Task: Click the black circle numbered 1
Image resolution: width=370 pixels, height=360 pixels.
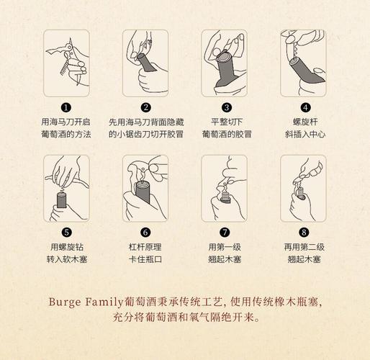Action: click(66, 107)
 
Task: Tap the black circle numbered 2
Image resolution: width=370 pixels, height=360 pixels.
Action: click(146, 107)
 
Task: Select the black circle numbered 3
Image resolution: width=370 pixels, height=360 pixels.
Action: click(227, 107)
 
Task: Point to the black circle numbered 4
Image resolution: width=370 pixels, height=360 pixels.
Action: click(305, 107)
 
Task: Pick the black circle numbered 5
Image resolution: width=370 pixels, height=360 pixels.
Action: click(67, 233)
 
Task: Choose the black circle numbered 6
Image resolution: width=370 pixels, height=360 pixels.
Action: click(145, 233)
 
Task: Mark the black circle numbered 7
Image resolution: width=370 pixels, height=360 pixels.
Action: click(225, 233)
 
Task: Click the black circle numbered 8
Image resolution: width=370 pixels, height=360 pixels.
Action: click(304, 233)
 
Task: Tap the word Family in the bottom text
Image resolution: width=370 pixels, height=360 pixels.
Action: click(104, 302)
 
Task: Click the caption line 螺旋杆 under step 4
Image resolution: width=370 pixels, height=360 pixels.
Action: click(305, 122)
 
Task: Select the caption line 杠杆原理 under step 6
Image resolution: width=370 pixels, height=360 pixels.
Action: click(145, 247)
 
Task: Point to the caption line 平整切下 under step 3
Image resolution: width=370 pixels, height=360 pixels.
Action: click(227, 122)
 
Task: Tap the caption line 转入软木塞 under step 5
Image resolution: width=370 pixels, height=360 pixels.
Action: click(67, 259)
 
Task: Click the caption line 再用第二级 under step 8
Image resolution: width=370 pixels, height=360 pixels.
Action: click(304, 247)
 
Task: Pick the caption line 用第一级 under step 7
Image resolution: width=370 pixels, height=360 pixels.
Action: click(225, 247)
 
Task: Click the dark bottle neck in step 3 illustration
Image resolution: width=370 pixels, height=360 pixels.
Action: click(225, 70)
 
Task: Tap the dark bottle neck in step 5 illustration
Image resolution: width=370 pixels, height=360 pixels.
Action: click(61, 200)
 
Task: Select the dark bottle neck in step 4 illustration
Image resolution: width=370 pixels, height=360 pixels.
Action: click(306, 71)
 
